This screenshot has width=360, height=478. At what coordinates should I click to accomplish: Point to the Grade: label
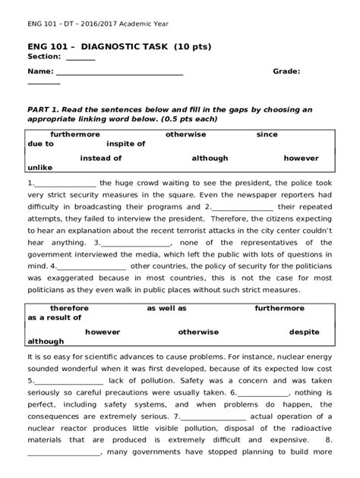(x=287, y=71)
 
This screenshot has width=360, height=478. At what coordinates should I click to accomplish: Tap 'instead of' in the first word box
(x=101, y=159)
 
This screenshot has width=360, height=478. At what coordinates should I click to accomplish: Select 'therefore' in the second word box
(x=70, y=309)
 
